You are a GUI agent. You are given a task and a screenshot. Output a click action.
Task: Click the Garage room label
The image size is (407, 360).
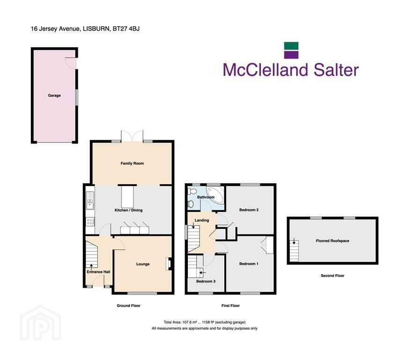(x=54, y=95)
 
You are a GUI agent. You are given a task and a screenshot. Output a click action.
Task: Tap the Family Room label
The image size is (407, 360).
(x=132, y=164)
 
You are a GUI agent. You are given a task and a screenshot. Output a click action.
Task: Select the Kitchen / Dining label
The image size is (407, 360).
(x=128, y=210)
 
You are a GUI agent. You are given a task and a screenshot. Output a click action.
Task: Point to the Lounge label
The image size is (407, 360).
(x=143, y=264)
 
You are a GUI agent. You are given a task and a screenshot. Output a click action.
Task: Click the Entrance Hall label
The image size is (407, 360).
(x=98, y=272)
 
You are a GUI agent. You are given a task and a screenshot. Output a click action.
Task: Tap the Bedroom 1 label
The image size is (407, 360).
(x=249, y=264)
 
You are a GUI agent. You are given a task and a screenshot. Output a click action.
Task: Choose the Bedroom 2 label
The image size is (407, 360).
(x=249, y=210)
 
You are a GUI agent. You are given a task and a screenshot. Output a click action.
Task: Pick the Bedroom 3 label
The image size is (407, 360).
(x=206, y=281)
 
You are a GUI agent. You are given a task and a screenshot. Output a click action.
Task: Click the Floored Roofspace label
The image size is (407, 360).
(x=333, y=241)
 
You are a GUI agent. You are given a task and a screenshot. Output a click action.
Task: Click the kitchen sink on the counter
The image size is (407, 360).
(x=90, y=201)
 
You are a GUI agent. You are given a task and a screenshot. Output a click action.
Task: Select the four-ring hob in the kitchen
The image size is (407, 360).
(x=90, y=222)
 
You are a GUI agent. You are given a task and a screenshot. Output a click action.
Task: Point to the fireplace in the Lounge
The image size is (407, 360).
(x=169, y=264)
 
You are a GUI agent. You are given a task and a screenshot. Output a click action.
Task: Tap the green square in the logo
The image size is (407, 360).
(x=291, y=46)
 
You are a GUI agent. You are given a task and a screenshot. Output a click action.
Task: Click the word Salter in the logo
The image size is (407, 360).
(x=336, y=70)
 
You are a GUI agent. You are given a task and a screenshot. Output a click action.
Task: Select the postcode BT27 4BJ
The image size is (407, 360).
(x=126, y=29)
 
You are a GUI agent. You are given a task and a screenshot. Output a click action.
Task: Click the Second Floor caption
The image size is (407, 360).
(x=333, y=276)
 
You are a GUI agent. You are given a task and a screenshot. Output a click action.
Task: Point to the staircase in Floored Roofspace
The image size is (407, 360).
(x=294, y=251)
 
